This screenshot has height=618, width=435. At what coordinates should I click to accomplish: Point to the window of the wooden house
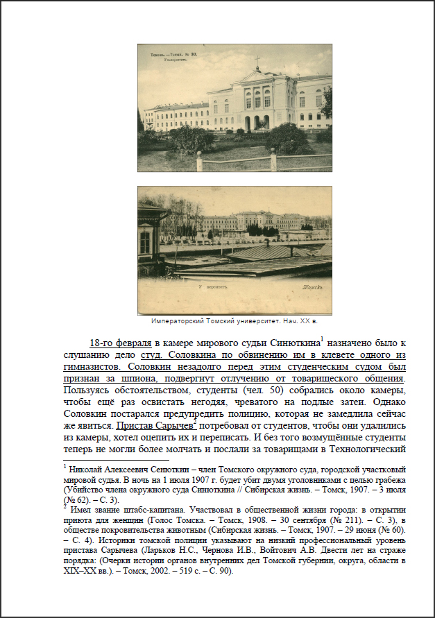tap(145, 242)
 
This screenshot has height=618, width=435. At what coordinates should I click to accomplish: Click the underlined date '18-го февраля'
tap(120, 343)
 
